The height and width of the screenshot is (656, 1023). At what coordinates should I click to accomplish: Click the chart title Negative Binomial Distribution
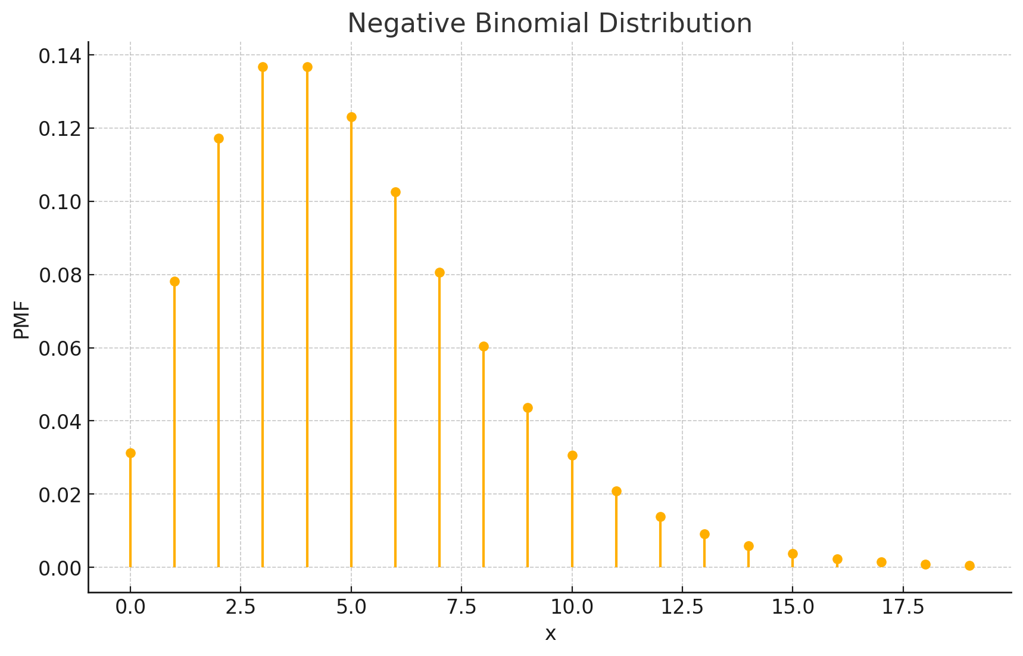pyautogui.click(x=549, y=24)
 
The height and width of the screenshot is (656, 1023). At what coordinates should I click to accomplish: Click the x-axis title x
pyautogui.click(x=550, y=634)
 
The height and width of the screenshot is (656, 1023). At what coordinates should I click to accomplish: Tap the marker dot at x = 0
pyautogui.click(x=130, y=453)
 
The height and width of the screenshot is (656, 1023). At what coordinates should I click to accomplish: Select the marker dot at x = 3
pyautogui.click(x=263, y=67)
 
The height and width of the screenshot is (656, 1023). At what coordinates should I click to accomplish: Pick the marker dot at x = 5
pyautogui.click(x=351, y=117)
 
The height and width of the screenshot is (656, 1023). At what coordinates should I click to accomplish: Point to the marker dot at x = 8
pyautogui.click(x=484, y=346)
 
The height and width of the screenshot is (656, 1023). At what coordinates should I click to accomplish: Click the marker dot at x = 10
pyautogui.click(x=572, y=455)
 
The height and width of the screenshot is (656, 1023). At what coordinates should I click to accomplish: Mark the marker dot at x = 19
pyautogui.click(x=969, y=565)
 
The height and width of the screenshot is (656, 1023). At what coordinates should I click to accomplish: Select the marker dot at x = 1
pyautogui.click(x=174, y=281)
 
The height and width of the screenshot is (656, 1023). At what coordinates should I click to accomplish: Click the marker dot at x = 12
pyautogui.click(x=660, y=517)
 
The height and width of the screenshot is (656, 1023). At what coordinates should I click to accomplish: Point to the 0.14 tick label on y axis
pyautogui.click(x=58, y=56)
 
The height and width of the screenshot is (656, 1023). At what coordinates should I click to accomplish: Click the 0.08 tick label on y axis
pyautogui.click(x=58, y=275)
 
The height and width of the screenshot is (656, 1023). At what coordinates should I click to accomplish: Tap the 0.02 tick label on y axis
pyautogui.click(x=58, y=495)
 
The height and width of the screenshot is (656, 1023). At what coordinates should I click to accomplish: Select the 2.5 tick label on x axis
pyautogui.click(x=241, y=608)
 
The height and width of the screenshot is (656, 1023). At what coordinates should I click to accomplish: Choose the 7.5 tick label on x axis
pyautogui.click(x=461, y=608)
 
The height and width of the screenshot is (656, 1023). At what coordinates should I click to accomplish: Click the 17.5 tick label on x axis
pyautogui.click(x=903, y=608)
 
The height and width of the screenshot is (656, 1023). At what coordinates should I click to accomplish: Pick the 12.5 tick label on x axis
pyautogui.click(x=682, y=608)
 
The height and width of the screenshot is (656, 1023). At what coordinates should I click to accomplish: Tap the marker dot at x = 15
pyautogui.click(x=793, y=554)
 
